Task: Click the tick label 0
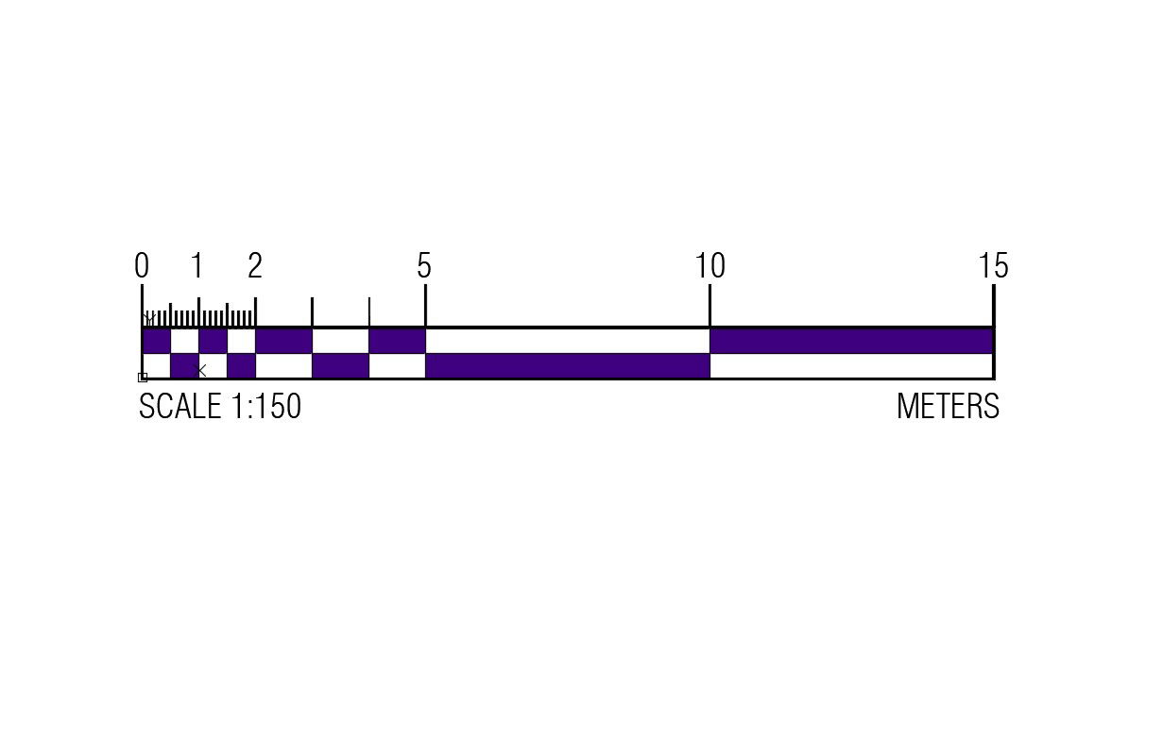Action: coord(142,267)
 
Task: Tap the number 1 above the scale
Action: coord(197,267)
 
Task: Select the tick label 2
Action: coord(255,267)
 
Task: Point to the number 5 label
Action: coord(424,267)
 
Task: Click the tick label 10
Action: coord(710,267)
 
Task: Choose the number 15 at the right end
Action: coord(994,267)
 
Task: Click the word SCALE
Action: coord(180,407)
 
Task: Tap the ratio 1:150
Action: coord(265,407)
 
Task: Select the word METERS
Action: coord(948,407)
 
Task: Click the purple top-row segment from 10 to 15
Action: coord(851,341)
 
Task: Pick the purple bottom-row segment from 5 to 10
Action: coord(567,365)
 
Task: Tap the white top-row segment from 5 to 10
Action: coord(567,341)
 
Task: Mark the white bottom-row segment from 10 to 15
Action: coord(851,365)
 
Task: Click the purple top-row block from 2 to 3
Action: coord(283,341)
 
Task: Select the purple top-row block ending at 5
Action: coord(397,341)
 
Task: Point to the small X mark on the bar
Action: coord(200,370)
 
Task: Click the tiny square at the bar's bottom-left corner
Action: coord(143,378)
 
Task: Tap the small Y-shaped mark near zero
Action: coord(148,318)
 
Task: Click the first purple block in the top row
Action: coord(156,341)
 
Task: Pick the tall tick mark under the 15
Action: coord(994,304)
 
